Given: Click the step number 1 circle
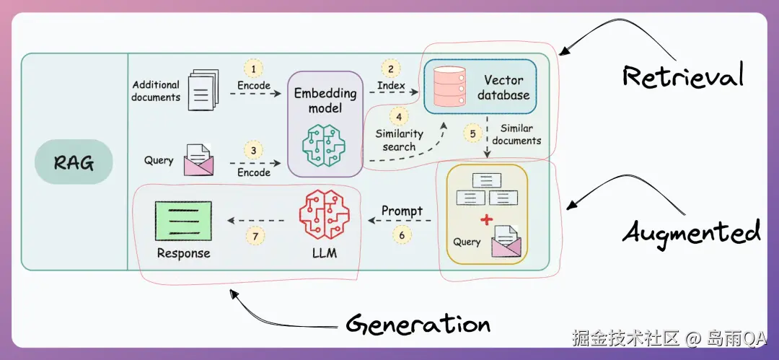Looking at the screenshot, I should (253, 69).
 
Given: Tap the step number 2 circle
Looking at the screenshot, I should (390, 69).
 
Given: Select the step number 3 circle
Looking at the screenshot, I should (253, 152).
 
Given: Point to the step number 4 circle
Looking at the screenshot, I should (399, 115).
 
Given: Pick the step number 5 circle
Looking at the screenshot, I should (473, 133).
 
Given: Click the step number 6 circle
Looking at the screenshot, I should (402, 234).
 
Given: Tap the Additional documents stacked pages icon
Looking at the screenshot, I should (203, 90).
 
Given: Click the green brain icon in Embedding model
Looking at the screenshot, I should (325, 144).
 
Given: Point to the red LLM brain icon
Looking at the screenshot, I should (324, 215).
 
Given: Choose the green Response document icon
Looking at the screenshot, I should (183, 221).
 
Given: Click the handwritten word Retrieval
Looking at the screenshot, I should (682, 76).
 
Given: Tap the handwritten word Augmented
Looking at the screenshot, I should (692, 234).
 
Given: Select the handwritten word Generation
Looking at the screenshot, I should (418, 324).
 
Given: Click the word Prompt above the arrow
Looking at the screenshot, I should (402, 211).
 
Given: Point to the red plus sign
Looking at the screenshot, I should (488, 219).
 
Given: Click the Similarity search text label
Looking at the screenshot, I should (399, 140).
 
